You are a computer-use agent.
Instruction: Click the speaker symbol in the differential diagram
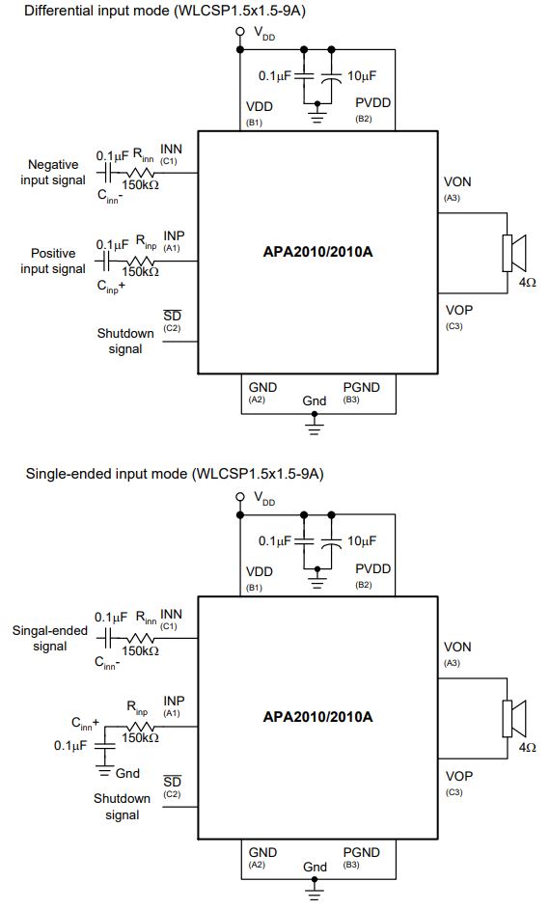(x=513, y=253)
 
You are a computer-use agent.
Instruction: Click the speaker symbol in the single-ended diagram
(x=513, y=718)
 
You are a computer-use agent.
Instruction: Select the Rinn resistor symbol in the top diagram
(x=141, y=173)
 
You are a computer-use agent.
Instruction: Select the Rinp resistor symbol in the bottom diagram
(x=141, y=727)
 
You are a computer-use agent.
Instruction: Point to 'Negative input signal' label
(x=53, y=173)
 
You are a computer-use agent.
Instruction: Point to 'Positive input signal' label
(x=53, y=262)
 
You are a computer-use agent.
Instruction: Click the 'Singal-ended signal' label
(x=50, y=639)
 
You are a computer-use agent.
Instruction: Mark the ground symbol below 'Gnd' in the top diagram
(x=315, y=426)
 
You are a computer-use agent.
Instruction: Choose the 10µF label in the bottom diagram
(x=362, y=541)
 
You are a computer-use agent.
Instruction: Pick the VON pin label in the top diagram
(x=457, y=181)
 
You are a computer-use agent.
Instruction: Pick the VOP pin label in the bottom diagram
(x=459, y=776)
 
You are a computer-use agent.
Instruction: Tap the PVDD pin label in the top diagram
(x=373, y=102)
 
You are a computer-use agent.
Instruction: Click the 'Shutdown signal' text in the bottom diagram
(x=122, y=807)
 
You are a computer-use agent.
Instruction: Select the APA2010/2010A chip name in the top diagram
(x=317, y=252)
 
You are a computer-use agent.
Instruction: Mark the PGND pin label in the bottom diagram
(x=362, y=852)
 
